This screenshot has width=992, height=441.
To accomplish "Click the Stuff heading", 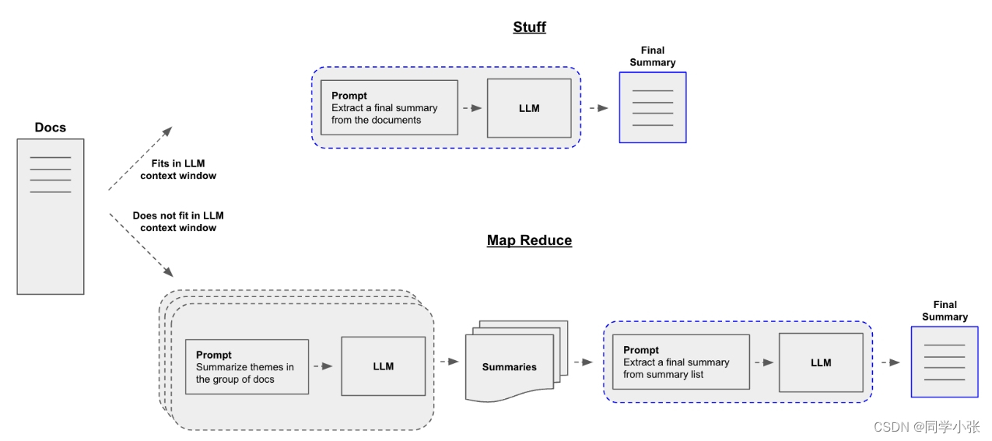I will click(x=529, y=27).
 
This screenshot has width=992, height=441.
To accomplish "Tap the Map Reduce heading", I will click(x=529, y=240).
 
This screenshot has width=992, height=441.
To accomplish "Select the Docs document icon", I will click(x=51, y=216).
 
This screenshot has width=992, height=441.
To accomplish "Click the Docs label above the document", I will click(x=51, y=128).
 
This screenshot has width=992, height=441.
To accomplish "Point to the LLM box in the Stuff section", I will click(x=529, y=108).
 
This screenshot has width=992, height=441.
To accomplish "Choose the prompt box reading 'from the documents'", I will click(x=389, y=107).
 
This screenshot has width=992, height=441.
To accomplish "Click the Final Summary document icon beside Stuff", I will click(x=653, y=107).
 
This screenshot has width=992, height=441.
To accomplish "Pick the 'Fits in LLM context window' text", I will click(x=178, y=170).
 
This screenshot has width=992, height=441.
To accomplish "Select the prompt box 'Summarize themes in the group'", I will click(x=247, y=366).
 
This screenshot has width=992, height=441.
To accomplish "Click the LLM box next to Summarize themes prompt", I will click(x=384, y=366).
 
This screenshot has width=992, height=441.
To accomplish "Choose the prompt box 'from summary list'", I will click(x=681, y=362).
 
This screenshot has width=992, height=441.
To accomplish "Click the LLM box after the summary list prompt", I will click(x=821, y=362).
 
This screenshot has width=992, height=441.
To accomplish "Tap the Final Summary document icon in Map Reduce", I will click(x=945, y=362).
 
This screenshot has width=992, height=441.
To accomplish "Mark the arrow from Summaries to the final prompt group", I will click(x=584, y=362).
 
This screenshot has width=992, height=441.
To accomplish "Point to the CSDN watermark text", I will click(x=926, y=426).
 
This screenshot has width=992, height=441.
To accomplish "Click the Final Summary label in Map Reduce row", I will click(x=945, y=310).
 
